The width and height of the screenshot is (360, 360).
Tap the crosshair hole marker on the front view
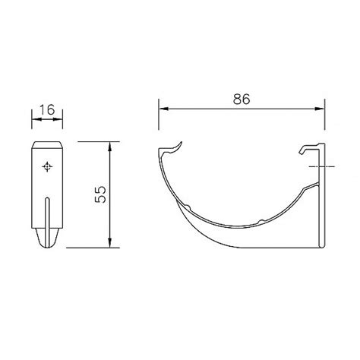[x=48, y=166]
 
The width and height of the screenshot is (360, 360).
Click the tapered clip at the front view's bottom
[x=48, y=238]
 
